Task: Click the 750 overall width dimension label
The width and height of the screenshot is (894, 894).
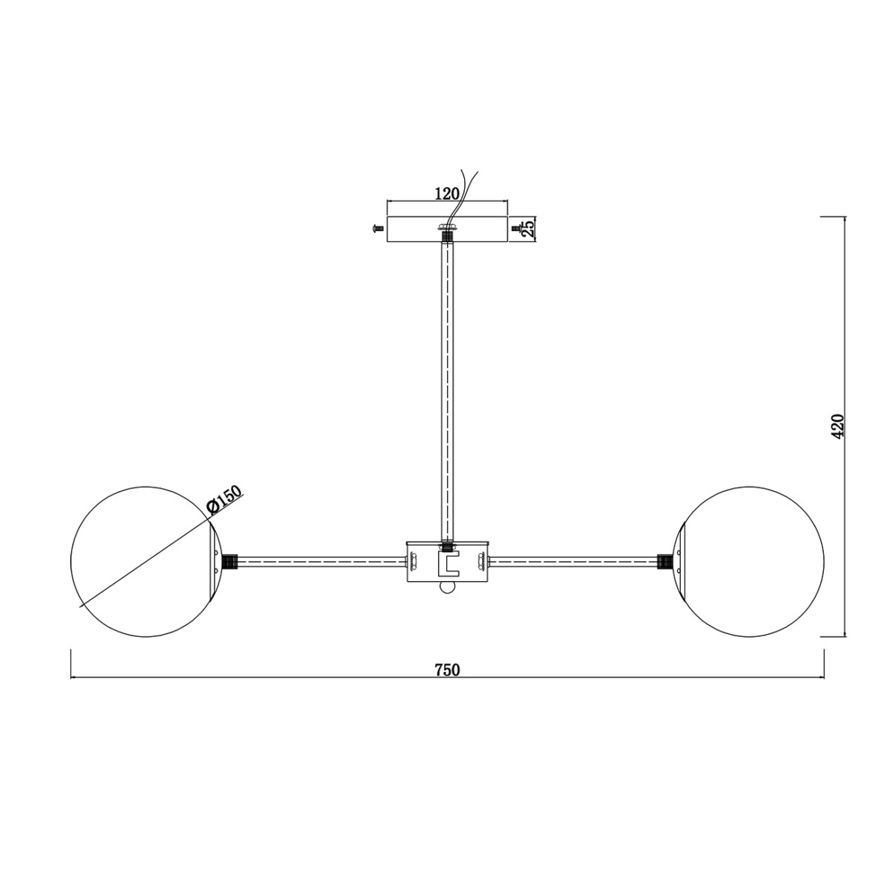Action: point(447,669)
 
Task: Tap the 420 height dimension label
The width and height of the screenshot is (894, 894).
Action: point(838,426)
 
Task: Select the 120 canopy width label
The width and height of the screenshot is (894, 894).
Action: point(446,194)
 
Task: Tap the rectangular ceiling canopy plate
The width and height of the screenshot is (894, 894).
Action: point(417,229)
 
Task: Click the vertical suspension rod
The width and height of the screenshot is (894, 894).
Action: point(447,387)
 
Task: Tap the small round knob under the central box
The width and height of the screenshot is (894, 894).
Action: point(447,589)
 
